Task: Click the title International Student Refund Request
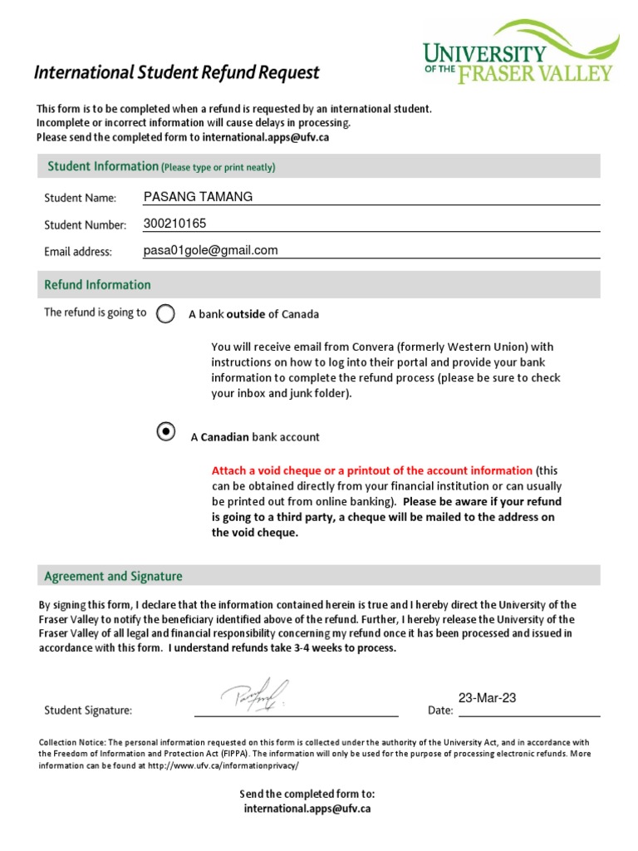(176, 73)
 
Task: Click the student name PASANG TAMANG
(198, 197)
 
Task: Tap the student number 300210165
(174, 224)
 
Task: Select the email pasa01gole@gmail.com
(210, 250)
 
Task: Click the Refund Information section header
(97, 285)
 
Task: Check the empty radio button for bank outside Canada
(166, 313)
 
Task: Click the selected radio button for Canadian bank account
(166, 431)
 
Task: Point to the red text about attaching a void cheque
(371, 470)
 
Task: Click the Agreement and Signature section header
(113, 576)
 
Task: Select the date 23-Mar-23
(487, 698)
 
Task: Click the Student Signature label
(87, 711)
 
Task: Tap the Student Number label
(85, 225)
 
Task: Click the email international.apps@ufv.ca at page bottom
(307, 808)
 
